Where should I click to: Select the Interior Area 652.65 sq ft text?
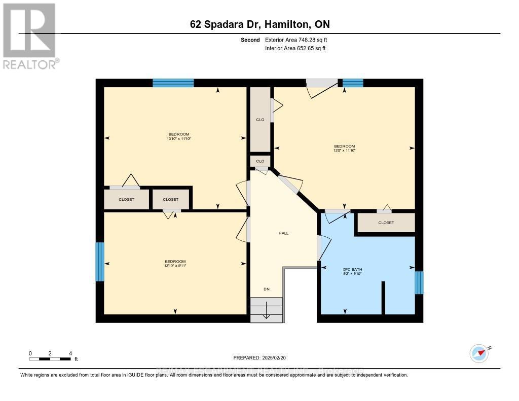coord(295,48)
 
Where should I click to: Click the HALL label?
coord(283,233)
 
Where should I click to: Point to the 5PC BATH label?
coord(353,269)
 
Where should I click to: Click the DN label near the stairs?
coord(266,289)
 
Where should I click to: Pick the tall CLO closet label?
coord(260,120)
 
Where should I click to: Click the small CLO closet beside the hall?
coord(260,161)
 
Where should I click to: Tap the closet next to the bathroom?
coord(386,223)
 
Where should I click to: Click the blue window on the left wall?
coord(100,262)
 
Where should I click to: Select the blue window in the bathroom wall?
coord(419,283)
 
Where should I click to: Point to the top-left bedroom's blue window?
coord(173,83)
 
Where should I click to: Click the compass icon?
coord(479,353)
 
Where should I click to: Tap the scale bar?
coord(50,359)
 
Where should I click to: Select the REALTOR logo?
coord(30,35)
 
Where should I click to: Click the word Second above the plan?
coord(250,40)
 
